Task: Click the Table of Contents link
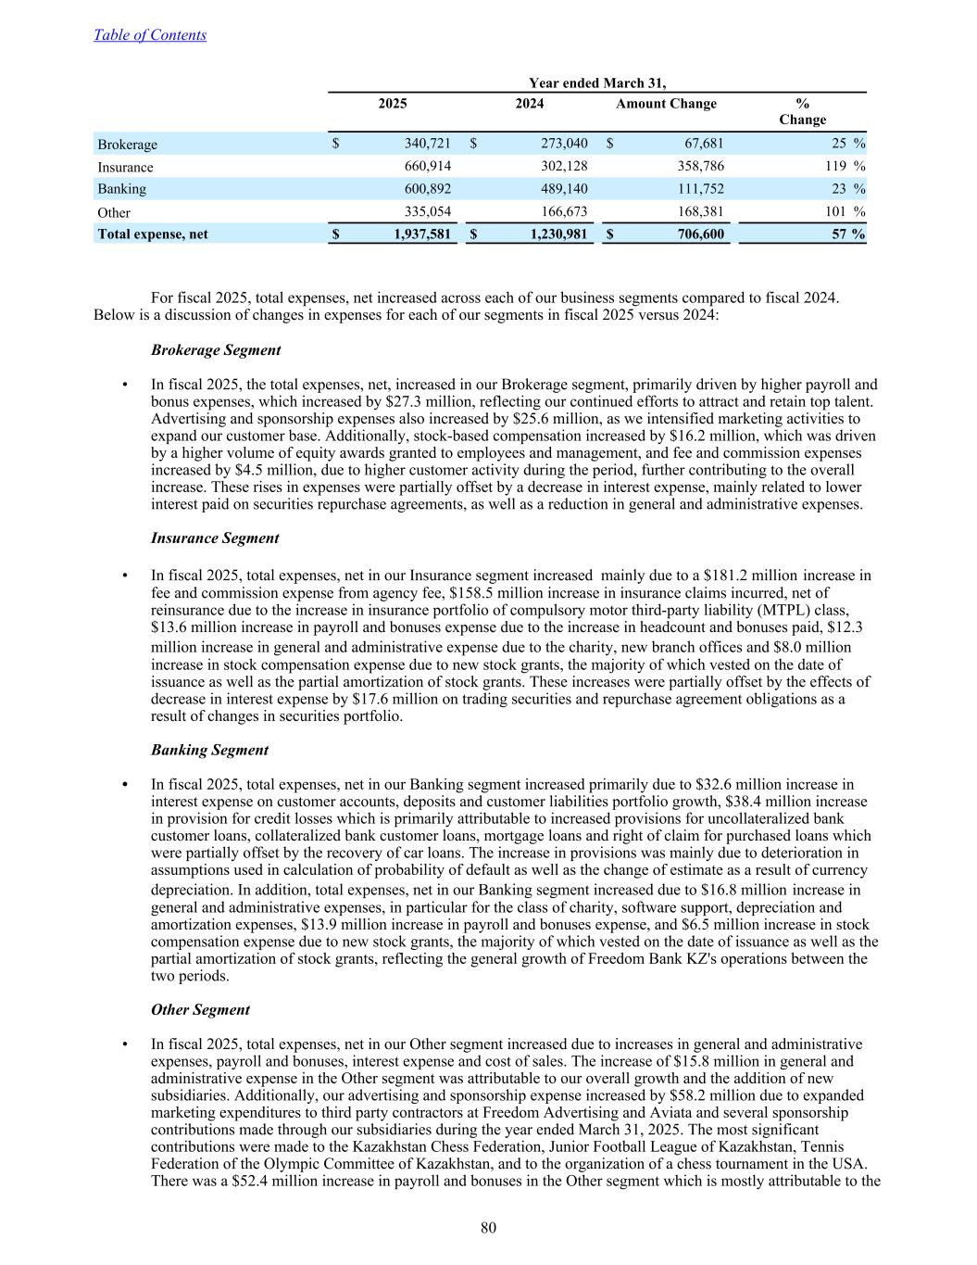(150, 35)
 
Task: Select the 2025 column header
(393, 104)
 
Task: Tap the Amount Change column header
(666, 104)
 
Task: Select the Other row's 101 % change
(843, 211)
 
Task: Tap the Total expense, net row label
(153, 234)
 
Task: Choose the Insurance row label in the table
(126, 168)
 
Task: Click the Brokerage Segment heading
(216, 350)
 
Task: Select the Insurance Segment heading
(215, 538)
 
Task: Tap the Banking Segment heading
(209, 750)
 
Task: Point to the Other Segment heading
(200, 1009)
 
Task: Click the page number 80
(489, 1229)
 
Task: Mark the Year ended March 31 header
(597, 83)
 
